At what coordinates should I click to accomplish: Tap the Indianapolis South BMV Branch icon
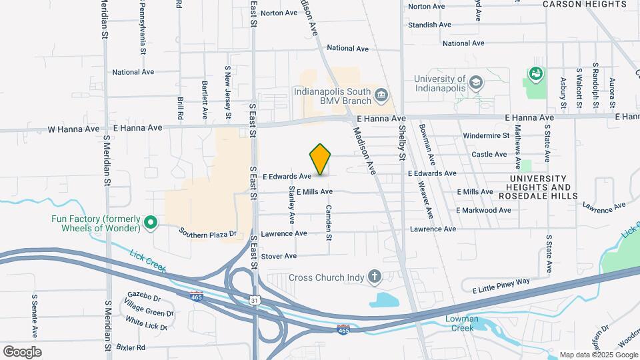[x=381, y=95]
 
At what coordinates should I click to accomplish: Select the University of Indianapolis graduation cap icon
[x=475, y=82]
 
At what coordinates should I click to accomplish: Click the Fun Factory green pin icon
[x=151, y=223]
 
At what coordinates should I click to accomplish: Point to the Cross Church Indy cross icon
[x=375, y=277]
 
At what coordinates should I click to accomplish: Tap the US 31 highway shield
[x=256, y=301]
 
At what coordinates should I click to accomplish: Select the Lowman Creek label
[x=463, y=323]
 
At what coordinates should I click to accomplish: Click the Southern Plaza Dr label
[x=207, y=233]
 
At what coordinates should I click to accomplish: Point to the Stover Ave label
[x=279, y=256]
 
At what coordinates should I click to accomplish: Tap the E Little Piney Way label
[x=501, y=285]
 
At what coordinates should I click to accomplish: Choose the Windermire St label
[x=486, y=135]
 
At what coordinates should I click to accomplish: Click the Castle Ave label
[x=489, y=154]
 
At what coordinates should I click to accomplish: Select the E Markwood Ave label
[x=483, y=210]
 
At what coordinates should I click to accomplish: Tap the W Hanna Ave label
[x=73, y=128]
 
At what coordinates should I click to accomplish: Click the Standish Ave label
[x=429, y=25]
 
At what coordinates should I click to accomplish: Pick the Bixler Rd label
[x=129, y=347]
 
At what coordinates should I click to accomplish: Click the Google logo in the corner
[x=22, y=351]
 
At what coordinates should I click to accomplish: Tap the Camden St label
[x=328, y=222]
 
